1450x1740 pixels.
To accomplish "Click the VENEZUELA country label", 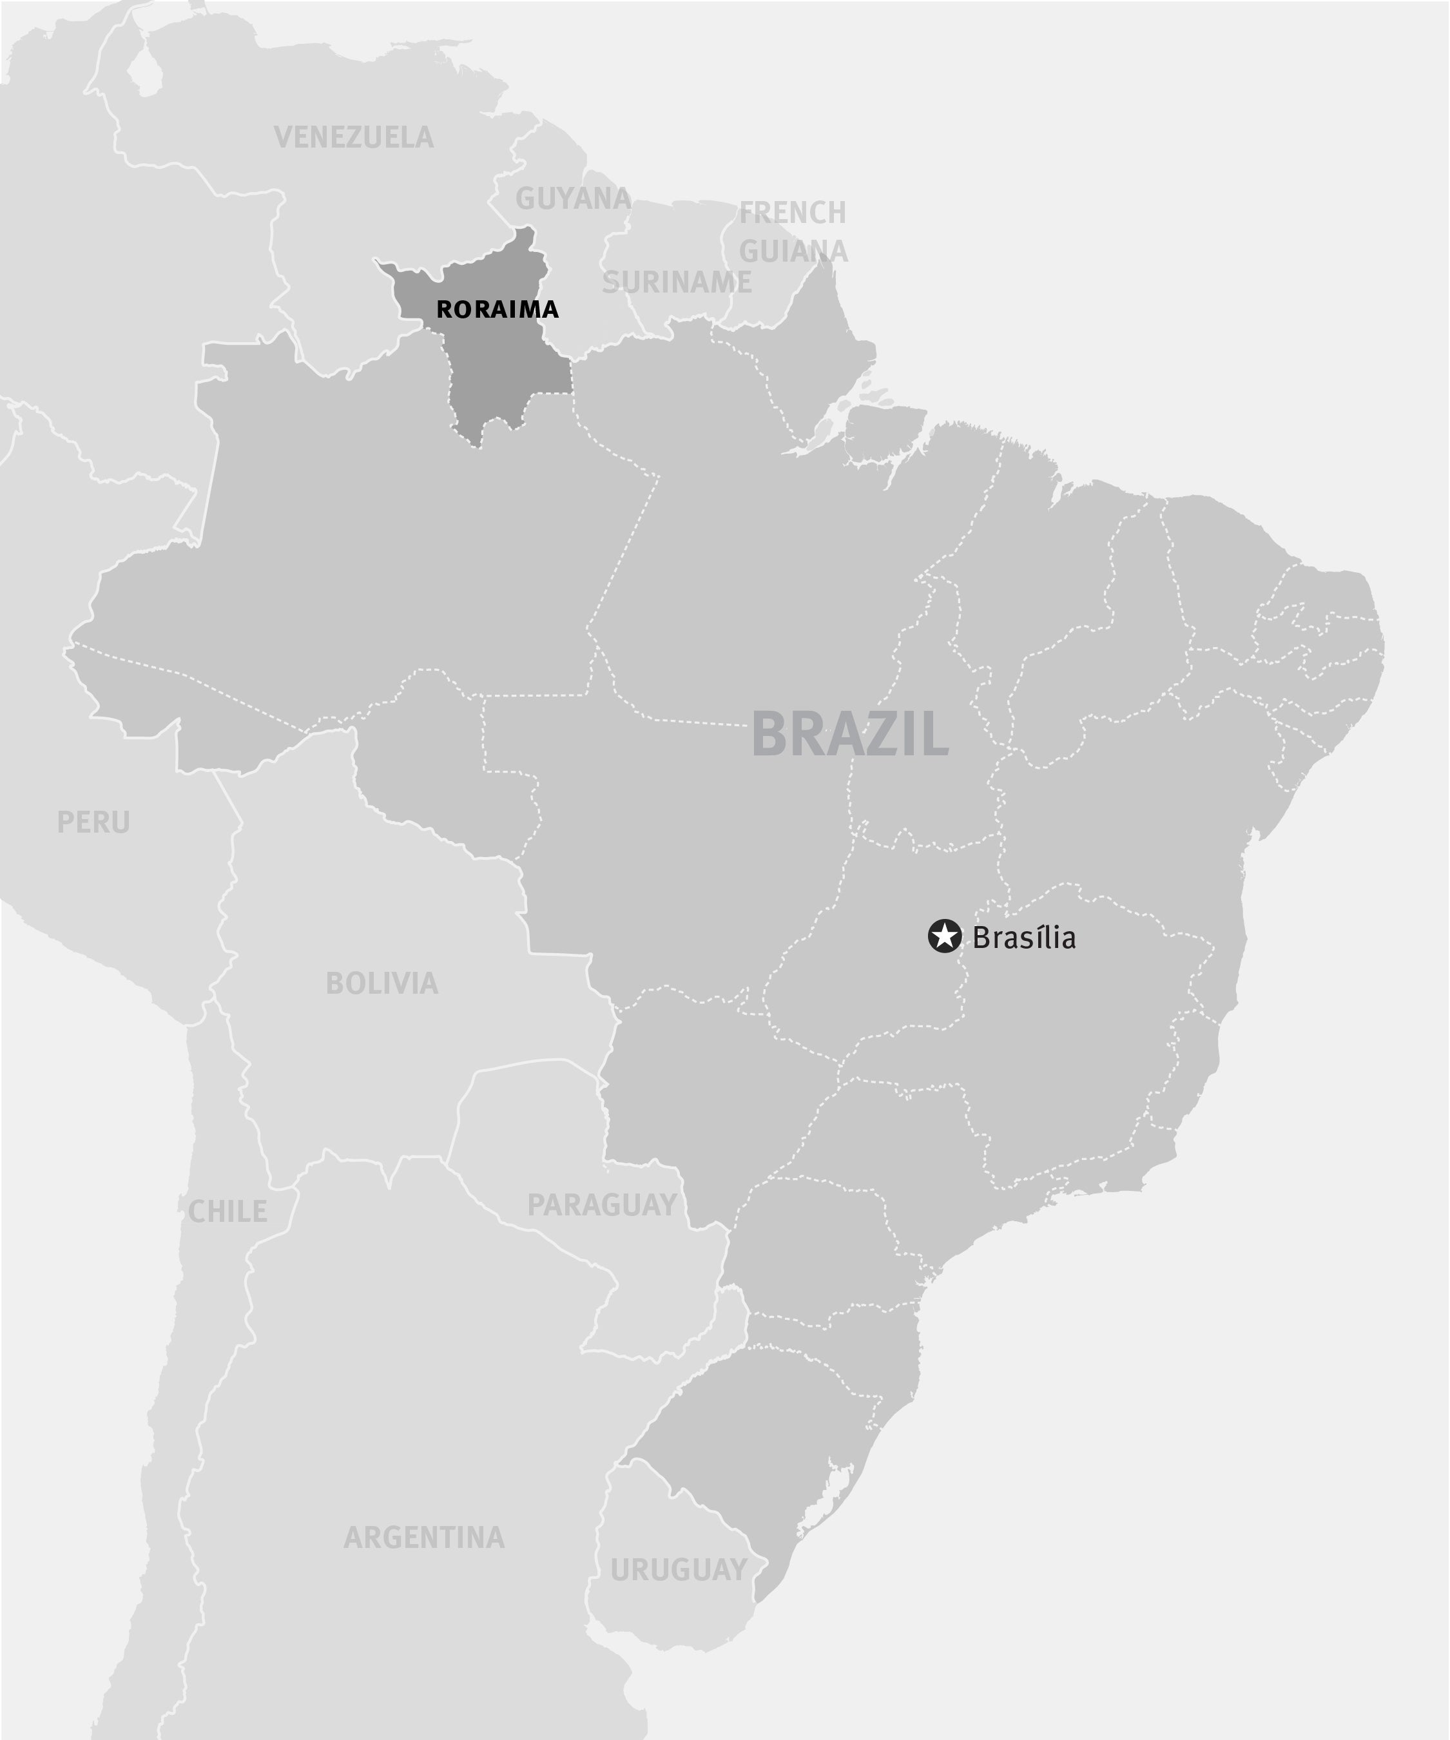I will pos(353,137).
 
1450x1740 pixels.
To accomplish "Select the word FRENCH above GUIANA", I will pos(792,213).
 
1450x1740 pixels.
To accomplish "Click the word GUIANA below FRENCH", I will pos(793,251).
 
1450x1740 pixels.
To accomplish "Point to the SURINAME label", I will pos(676,282).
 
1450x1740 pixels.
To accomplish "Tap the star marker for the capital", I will pos(943,936).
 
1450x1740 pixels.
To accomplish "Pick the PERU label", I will pos(93,823).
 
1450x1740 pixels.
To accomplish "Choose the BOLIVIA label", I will pos(382,983).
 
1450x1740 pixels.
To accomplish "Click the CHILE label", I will pos(228,1212).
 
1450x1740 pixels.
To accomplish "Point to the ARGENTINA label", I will pos(424,1538).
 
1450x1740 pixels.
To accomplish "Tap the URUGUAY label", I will pos(679,1570).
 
